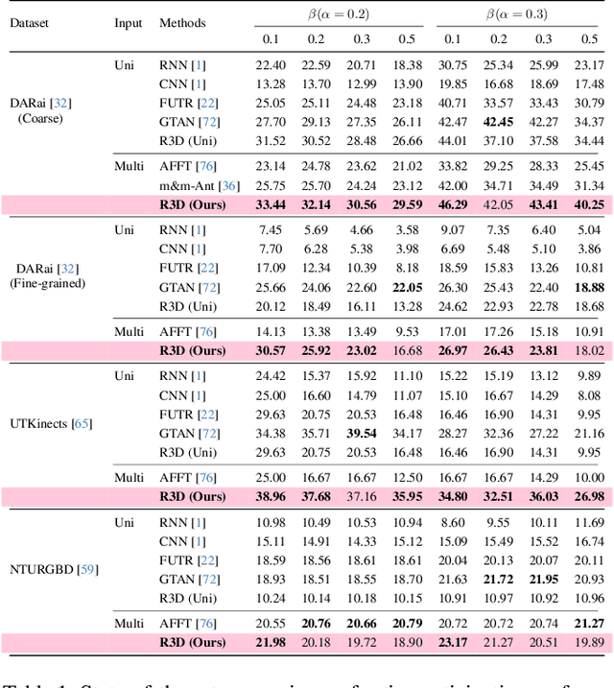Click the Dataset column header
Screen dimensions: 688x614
point(31,21)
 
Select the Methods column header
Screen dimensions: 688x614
point(182,21)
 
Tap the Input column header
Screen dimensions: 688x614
point(129,21)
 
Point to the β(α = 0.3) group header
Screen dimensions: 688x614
point(521,14)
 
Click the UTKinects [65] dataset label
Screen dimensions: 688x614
point(44,423)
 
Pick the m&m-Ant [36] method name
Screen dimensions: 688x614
point(200,185)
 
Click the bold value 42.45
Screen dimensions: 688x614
point(499,122)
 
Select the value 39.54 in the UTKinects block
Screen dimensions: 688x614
point(362,433)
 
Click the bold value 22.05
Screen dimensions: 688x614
point(407,287)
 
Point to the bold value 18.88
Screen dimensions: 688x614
point(589,287)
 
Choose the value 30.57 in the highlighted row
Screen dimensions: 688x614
point(272,350)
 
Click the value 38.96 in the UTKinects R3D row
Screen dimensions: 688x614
point(272,496)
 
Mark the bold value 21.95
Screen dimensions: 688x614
point(544,579)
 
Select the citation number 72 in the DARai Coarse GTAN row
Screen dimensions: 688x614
point(208,122)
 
